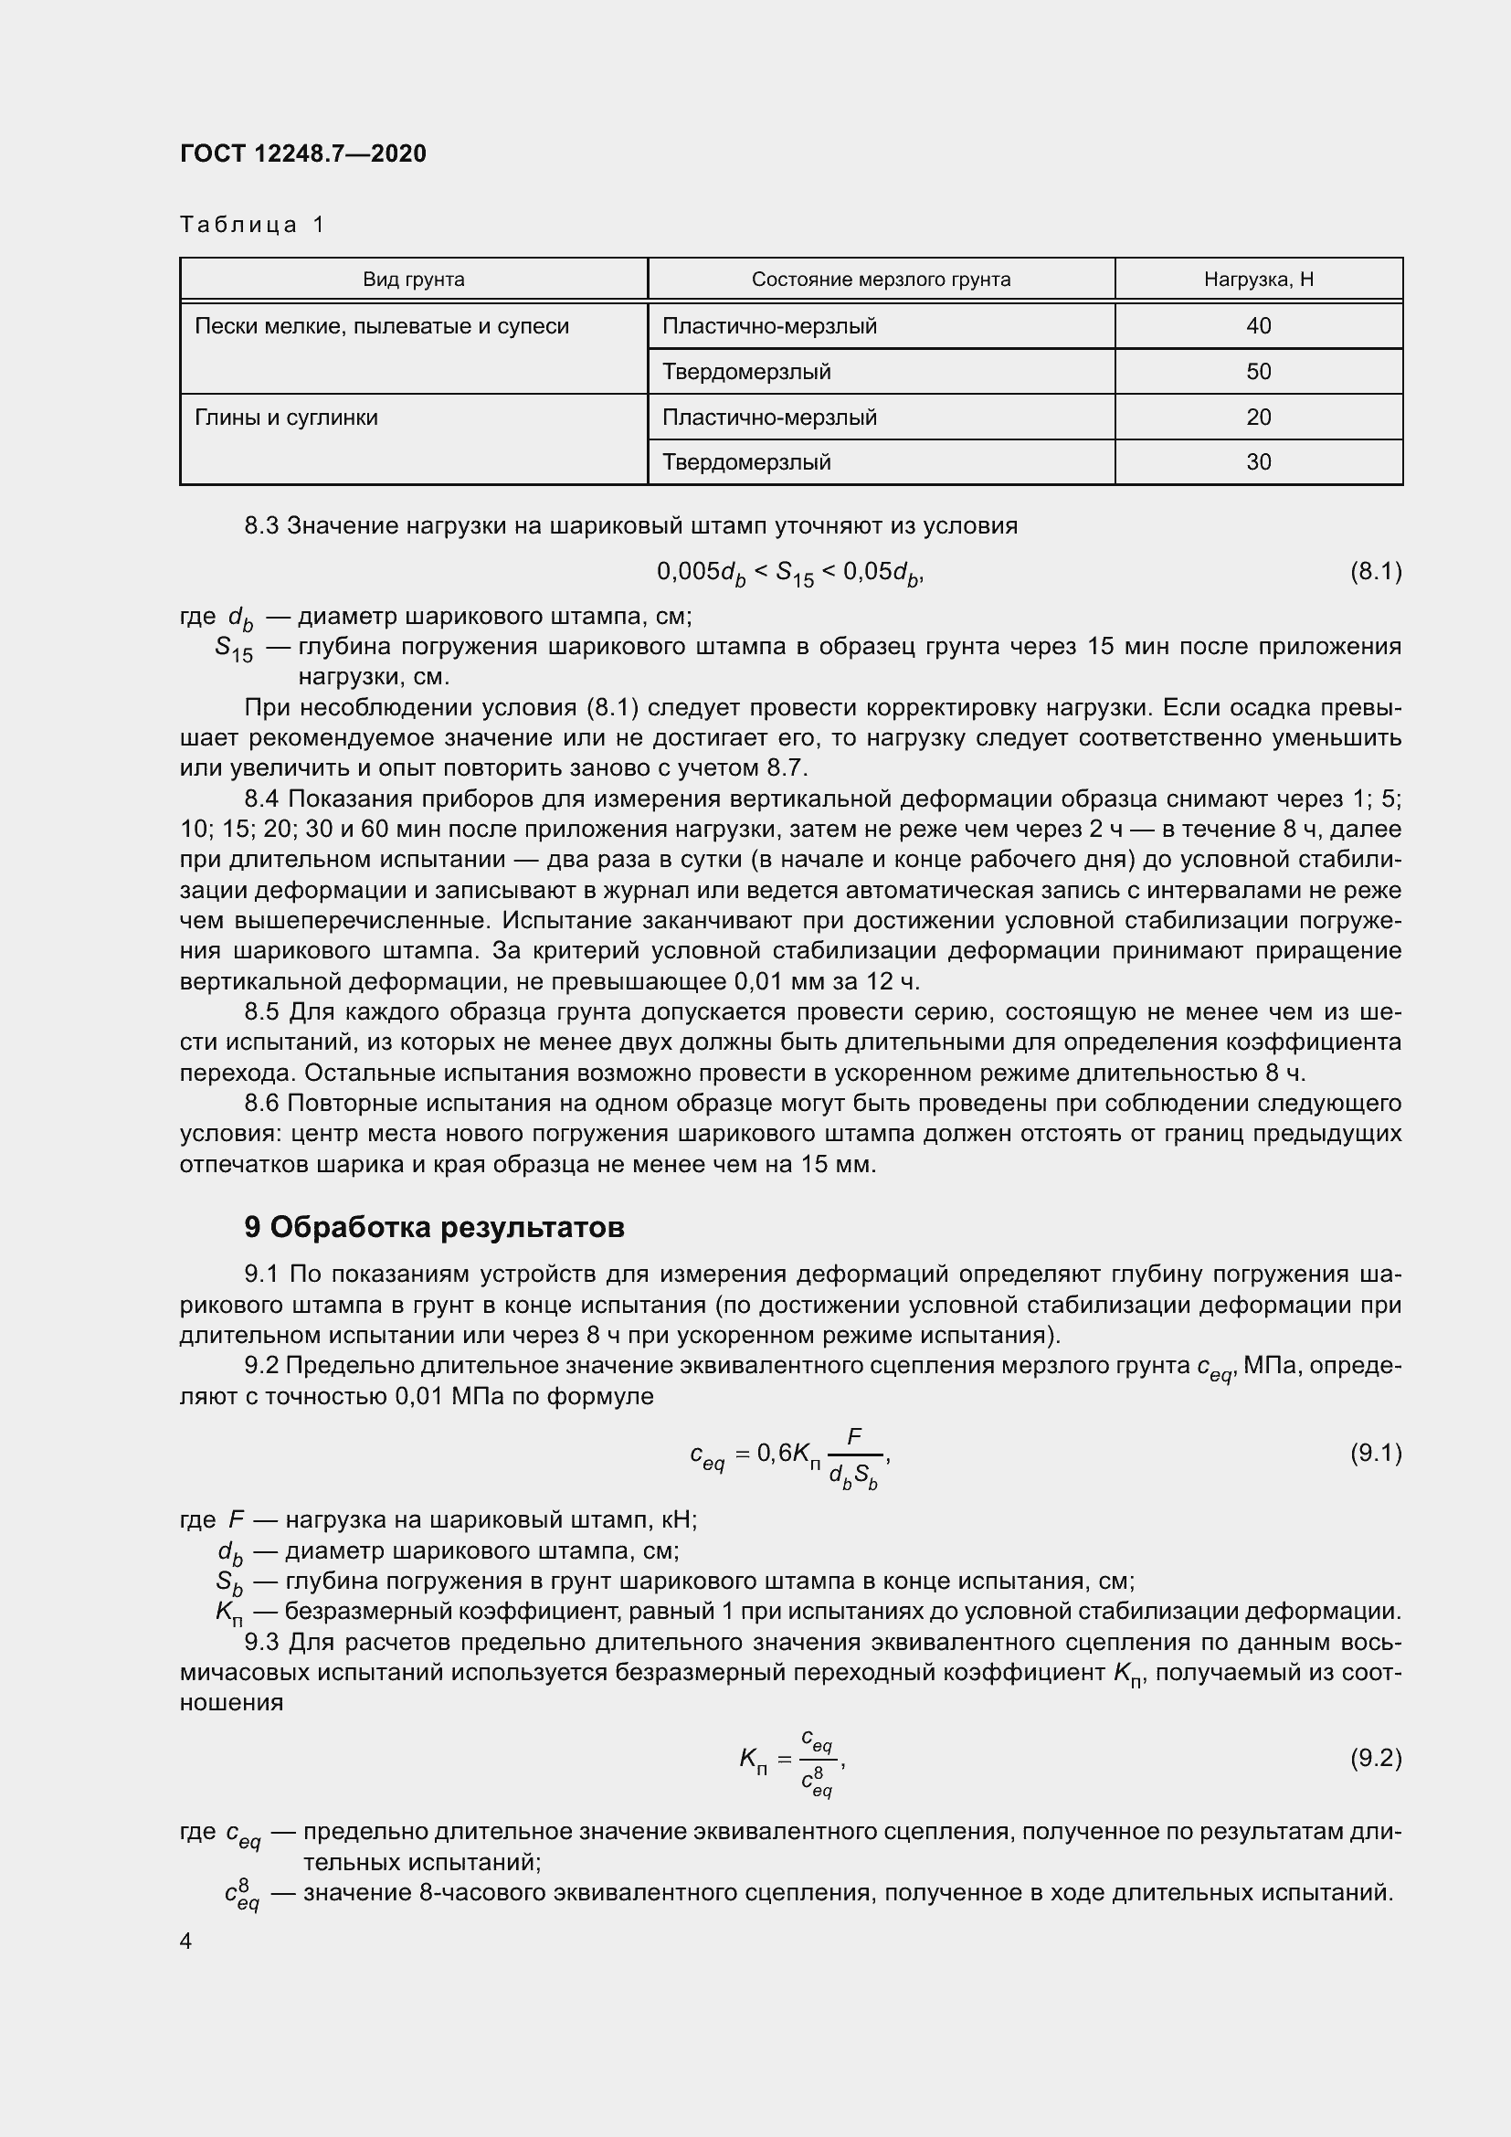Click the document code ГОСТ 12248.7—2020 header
(x=303, y=153)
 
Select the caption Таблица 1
(x=252, y=225)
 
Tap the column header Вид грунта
(x=413, y=280)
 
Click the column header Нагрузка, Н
(x=1258, y=280)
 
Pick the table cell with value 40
(x=1258, y=326)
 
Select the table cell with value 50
(x=1258, y=371)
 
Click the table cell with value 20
(x=1258, y=417)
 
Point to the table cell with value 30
(x=1258, y=461)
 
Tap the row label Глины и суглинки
(x=287, y=417)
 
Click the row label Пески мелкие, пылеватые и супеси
(x=382, y=326)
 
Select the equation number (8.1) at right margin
(x=1375, y=570)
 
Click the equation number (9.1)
(x=1375, y=1452)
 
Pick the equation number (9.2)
(x=1375, y=1757)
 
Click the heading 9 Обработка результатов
(x=434, y=1228)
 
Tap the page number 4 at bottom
(x=186, y=1941)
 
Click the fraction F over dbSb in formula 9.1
(x=853, y=1455)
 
